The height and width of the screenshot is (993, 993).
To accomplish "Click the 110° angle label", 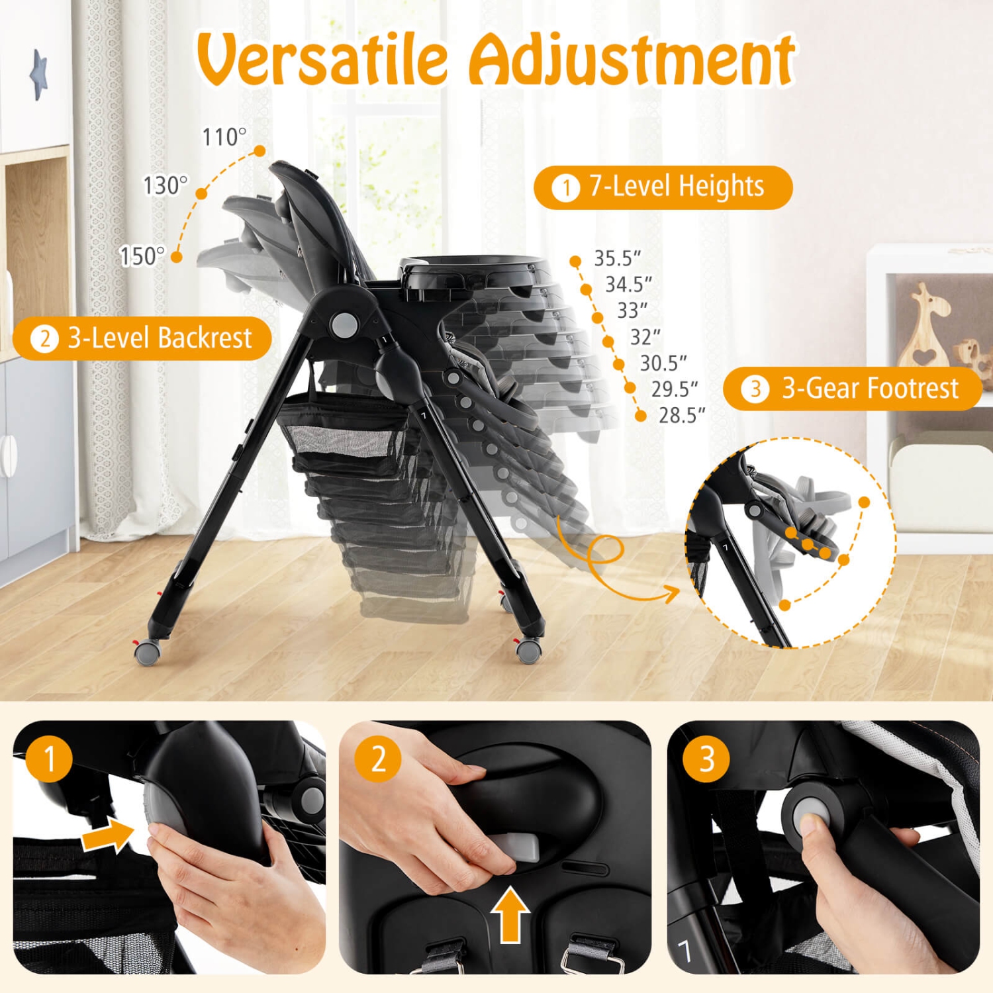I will pos(224,137).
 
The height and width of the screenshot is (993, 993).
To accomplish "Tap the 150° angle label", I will pos(142,256).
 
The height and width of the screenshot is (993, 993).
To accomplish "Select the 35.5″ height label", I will pos(617,258).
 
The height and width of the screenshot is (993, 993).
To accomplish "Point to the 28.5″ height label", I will pos(681,415).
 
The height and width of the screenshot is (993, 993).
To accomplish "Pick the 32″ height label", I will pos(645,337).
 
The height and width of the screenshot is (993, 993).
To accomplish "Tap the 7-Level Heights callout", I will pos(663,187).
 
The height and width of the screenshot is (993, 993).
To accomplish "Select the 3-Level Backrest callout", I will pos(142,338).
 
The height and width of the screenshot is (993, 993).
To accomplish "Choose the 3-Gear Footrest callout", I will pos(852,389).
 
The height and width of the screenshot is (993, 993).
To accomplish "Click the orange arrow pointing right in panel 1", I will pos(106,835).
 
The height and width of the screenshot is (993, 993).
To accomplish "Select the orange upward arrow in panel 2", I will pos(510,914).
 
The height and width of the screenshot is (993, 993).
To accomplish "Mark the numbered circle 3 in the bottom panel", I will pos(706,759).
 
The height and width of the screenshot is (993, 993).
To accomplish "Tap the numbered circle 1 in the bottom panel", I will pos(49,759).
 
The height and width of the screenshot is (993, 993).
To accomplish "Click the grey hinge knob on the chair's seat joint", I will pos(344,324).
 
